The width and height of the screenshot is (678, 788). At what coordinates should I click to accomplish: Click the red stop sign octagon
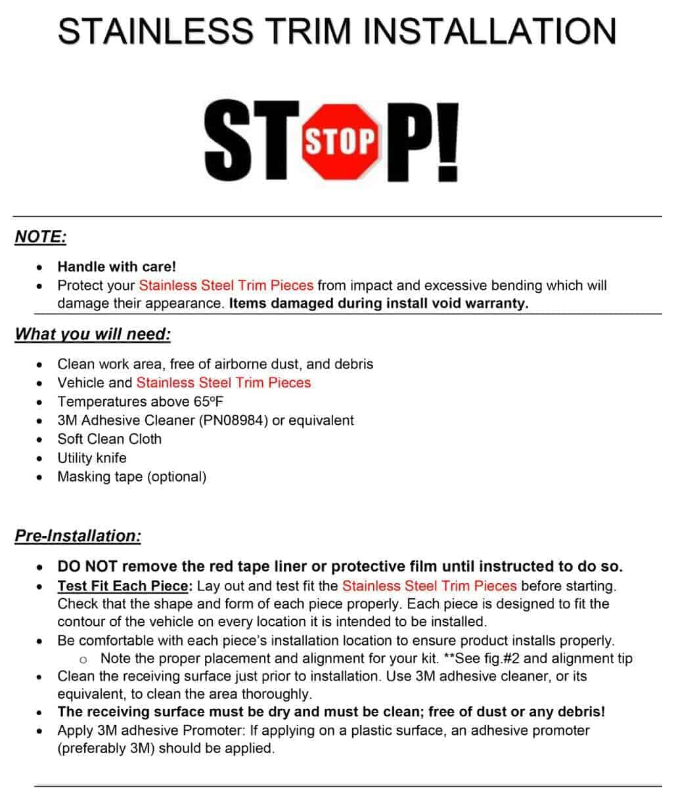[x=340, y=139]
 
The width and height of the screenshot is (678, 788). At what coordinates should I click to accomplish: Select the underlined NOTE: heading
[x=41, y=236]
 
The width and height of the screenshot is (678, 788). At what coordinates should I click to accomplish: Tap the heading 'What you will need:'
[x=93, y=334]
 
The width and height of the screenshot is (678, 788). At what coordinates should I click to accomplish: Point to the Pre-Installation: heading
[x=78, y=535]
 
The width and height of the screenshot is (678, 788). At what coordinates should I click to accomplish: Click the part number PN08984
[x=233, y=420]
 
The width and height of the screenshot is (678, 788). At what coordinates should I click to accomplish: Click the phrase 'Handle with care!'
[x=117, y=267]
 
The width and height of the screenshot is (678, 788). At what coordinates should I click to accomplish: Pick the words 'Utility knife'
[x=92, y=458]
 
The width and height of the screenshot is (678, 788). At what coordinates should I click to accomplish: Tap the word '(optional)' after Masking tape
[x=177, y=477]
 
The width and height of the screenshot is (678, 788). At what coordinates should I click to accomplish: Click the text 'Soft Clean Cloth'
[x=110, y=439]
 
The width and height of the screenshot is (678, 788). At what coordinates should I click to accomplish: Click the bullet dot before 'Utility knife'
[x=41, y=458]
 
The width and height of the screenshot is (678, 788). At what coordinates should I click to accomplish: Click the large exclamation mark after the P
[x=446, y=141]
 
